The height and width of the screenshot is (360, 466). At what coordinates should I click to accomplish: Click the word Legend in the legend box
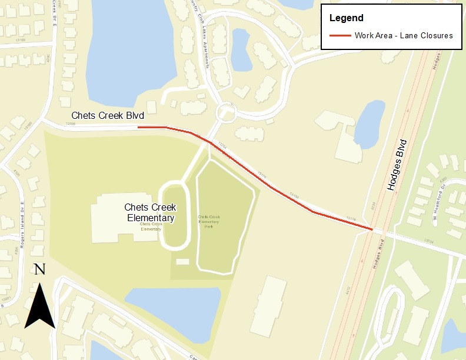[346, 18]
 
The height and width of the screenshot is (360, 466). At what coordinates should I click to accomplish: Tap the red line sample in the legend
[338, 36]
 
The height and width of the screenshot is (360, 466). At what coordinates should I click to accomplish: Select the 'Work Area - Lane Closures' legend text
[403, 36]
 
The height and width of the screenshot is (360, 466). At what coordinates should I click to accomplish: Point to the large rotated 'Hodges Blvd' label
[398, 165]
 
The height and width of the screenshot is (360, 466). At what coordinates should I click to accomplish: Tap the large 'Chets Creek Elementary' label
[151, 213]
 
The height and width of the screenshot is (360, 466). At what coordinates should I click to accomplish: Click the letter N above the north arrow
[39, 269]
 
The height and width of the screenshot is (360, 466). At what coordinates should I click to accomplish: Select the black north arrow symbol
[40, 306]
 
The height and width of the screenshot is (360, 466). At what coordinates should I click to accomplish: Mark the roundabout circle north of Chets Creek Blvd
[225, 112]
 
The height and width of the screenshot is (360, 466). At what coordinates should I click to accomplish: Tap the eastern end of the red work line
[372, 229]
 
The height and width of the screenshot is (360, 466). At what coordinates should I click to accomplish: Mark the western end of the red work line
[138, 127]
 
